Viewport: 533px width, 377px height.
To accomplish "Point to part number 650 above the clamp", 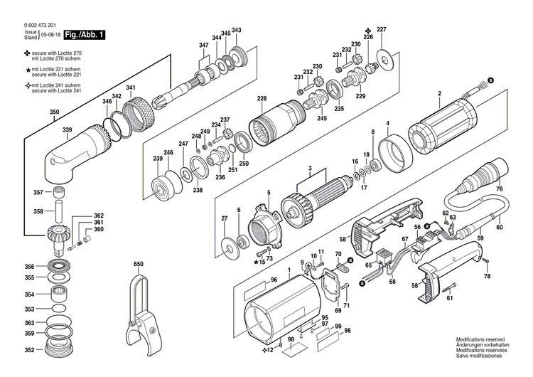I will (138, 264).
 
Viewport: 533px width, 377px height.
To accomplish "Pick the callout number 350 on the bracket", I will (55, 112).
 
